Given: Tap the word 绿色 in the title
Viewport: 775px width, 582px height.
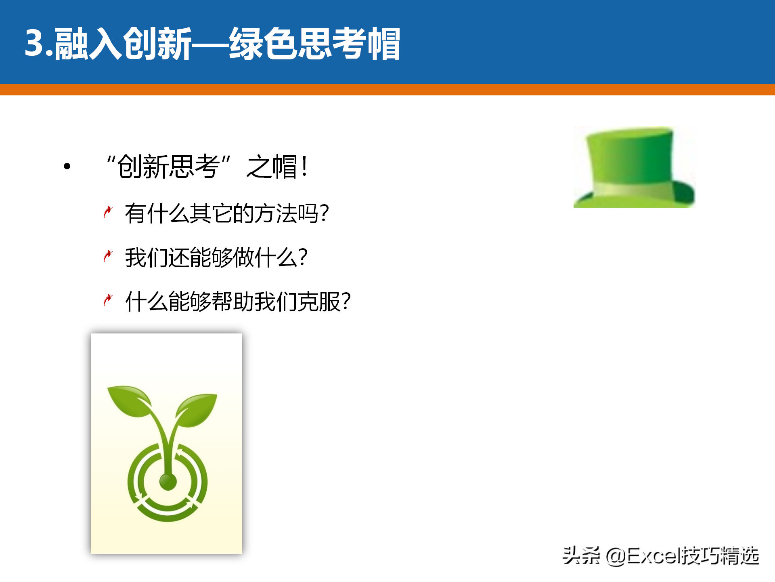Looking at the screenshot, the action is click(264, 44).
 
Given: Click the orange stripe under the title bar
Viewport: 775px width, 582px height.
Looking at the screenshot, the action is click(387, 90).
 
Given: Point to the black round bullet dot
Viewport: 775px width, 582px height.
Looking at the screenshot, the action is click(67, 166).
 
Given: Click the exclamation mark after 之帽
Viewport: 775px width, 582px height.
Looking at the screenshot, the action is click(305, 167).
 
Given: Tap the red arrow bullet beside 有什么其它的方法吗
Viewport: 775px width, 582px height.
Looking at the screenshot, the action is click(107, 213).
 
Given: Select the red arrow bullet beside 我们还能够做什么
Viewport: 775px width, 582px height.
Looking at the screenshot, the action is click(107, 257).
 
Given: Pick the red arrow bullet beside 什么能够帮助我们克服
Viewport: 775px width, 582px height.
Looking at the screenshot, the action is click(107, 301).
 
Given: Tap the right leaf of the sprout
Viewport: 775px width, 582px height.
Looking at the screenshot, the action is click(197, 410).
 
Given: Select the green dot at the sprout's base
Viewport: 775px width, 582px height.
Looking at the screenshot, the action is click(168, 481).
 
